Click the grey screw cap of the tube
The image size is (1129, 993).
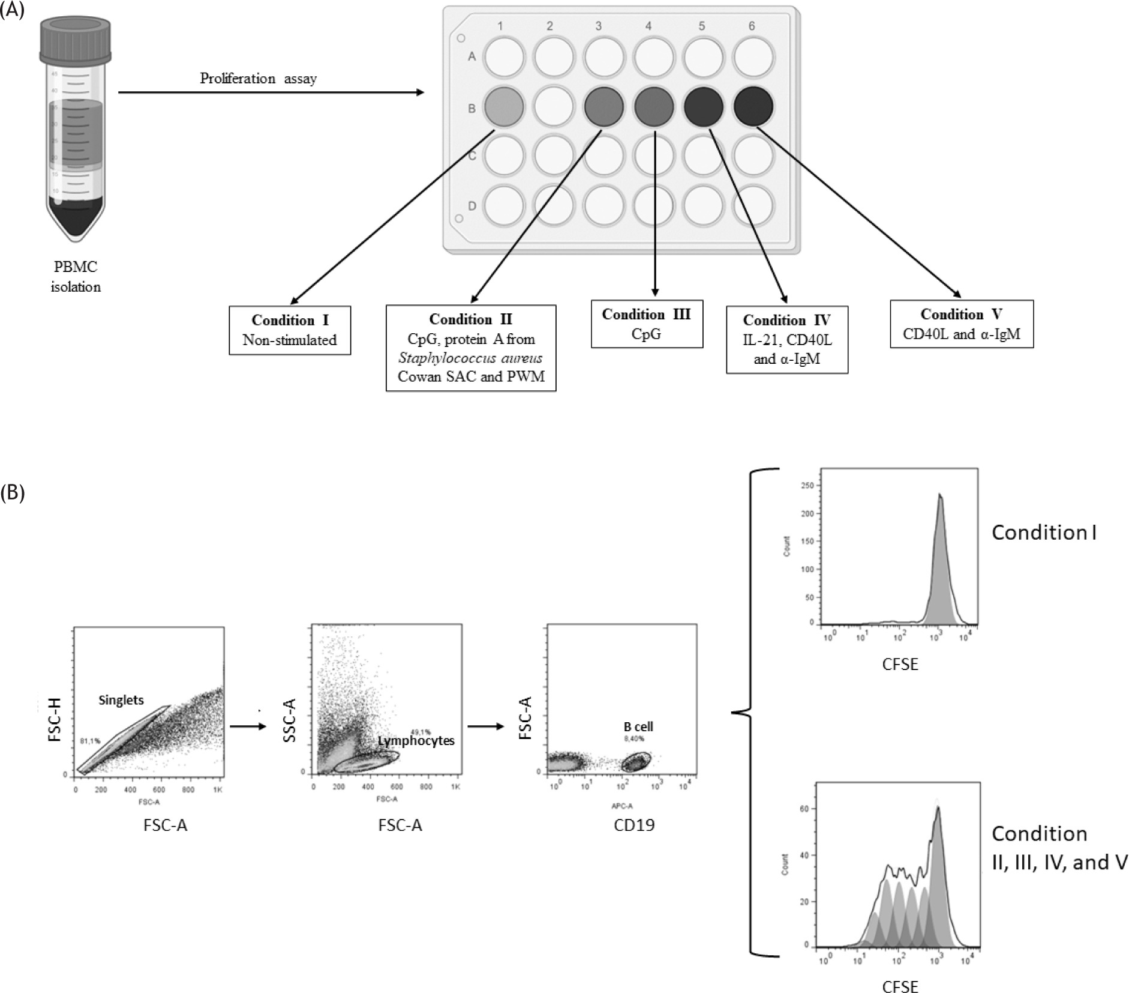[x=76, y=39]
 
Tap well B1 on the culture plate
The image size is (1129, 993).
[x=503, y=106]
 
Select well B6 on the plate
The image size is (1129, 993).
[x=753, y=106]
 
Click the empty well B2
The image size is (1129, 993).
[x=553, y=106]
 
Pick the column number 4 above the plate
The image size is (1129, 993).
[x=648, y=26]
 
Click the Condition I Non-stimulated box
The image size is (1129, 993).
[x=290, y=330]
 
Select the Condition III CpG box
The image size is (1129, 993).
[x=646, y=324]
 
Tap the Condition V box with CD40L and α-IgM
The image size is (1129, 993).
[x=961, y=324]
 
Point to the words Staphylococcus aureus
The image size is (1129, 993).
[x=470, y=358]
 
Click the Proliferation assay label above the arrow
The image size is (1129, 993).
[x=258, y=79]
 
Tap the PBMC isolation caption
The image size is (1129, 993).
[x=76, y=277]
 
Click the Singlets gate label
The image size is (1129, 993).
[x=121, y=700]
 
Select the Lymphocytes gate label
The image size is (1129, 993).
[x=416, y=741]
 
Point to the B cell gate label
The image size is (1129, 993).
[x=638, y=726]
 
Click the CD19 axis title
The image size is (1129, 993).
[x=634, y=825]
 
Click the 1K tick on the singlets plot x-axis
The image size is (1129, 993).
[x=217, y=790]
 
